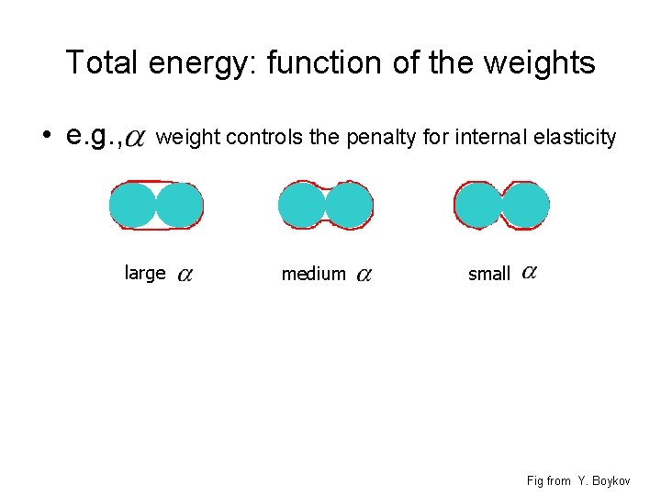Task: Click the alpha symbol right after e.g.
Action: point(134,140)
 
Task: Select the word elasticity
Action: point(570,138)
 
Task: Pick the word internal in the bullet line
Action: point(476,138)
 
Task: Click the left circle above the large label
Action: point(134,205)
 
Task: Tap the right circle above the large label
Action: point(180,205)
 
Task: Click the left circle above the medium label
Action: point(302,205)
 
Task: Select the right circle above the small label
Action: point(526,205)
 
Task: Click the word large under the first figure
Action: point(144,273)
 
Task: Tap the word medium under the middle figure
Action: point(313,274)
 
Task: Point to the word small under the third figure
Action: point(488,274)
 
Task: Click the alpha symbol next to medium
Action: point(364,275)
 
